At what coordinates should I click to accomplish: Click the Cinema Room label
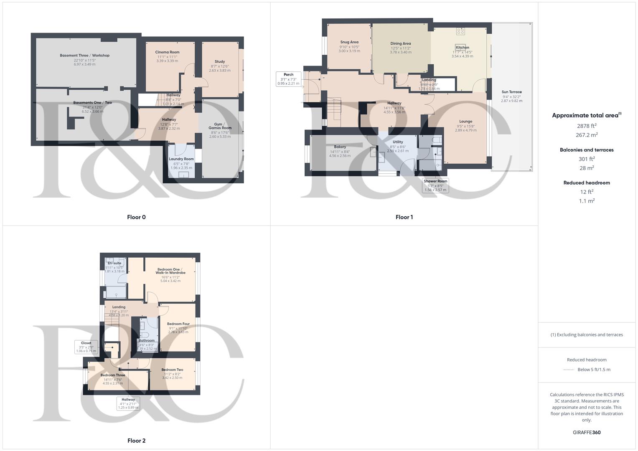coord(168,52)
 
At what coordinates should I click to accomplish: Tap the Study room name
coord(220,62)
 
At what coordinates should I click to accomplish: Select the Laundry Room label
coord(181,159)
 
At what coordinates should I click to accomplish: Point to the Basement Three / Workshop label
coord(84,56)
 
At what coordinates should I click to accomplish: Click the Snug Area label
coord(349,42)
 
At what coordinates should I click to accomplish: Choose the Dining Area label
coord(401,43)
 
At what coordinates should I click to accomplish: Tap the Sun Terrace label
coord(511,92)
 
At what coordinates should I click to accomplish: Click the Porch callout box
coord(288,79)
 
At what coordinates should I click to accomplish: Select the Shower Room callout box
coord(435,185)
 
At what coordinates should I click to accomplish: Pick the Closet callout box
coord(86,347)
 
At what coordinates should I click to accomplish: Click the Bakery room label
coord(340,147)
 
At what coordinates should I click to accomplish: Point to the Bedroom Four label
coord(178,324)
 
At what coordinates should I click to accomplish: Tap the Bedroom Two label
coord(172,370)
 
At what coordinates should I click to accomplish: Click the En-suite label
coord(114,263)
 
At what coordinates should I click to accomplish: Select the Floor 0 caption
coord(136,217)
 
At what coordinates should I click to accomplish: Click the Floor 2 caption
coord(136,441)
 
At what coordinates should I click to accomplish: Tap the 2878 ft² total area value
coord(587,126)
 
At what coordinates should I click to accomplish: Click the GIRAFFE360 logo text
coord(587,433)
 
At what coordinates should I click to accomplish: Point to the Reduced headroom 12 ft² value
coord(587,192)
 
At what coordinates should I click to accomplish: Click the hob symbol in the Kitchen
coord(460,31)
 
